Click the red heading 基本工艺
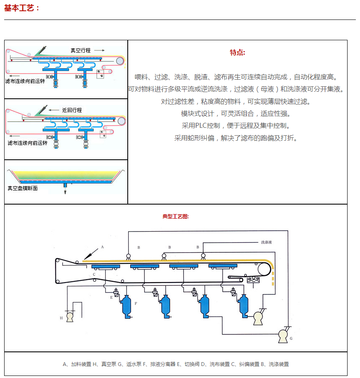22,7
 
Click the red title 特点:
237,52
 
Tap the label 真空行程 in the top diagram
80,50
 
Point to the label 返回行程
72,110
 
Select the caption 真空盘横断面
22,188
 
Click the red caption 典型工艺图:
175,216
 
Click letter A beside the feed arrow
102,246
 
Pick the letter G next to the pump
291,339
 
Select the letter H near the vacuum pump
61,318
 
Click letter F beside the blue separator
136,304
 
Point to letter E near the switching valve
111,298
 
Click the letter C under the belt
94,275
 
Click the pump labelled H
70,317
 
